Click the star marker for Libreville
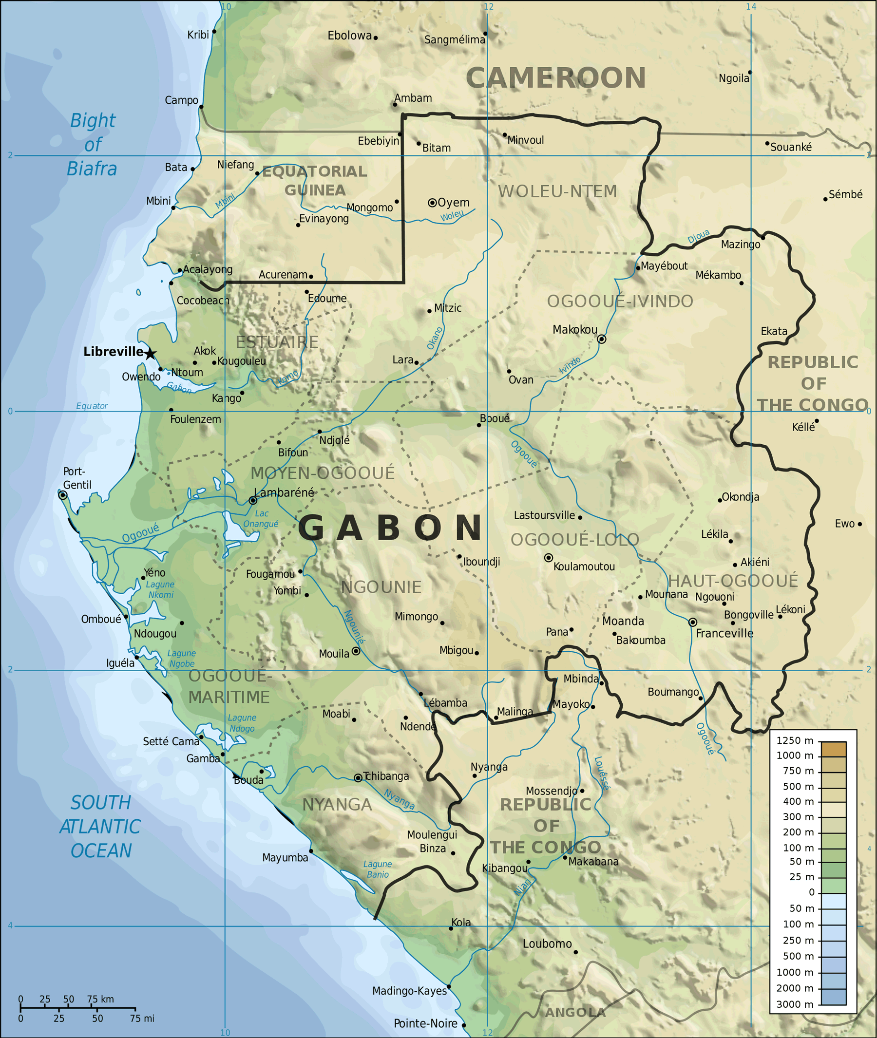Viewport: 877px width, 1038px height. click(150, 354)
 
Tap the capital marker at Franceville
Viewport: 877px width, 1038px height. click(692, 622)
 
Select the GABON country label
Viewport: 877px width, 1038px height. click(390, 528)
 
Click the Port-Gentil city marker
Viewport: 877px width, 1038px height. click(63, 495)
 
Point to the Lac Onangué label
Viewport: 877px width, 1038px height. click(261, 518)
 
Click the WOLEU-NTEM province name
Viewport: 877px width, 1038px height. click(557, 191)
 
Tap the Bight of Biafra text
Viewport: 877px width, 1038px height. click(93, 145)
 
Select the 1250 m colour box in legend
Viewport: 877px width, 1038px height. click(833, 749)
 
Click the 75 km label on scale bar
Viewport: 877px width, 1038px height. click(100, 999)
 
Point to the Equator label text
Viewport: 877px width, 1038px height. click(92, 406)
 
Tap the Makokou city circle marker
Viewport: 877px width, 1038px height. click(602, 339)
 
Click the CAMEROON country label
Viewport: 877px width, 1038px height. click(555, 78)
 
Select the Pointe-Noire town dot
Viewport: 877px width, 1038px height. click(464, 1025)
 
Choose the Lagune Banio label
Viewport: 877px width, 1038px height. click(377, 869)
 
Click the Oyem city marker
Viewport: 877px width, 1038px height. click(432, 202)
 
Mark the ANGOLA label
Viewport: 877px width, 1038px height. click(575, 1012)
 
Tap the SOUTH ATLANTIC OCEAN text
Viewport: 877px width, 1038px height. click(100, 826)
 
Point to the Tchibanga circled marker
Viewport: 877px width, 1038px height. click(358, 777)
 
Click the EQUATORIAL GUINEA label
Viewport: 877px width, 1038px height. click(315, 180)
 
